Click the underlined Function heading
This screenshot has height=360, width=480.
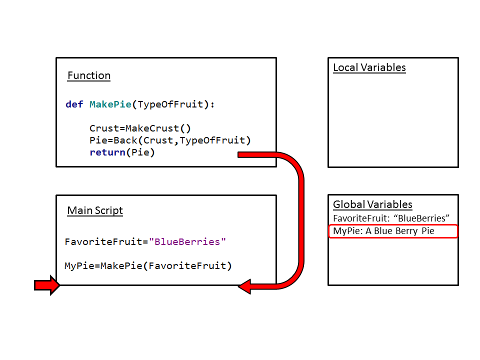pyautogui.click(x=89, y=76)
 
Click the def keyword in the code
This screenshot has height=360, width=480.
pyautogui.click(x=74, y=104)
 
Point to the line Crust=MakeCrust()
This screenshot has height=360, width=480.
pyautogui.click(x=140, y=128)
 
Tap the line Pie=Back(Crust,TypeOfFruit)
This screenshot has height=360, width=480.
pyautogui.click(x=170, y=140)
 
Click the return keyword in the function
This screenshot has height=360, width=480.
pyautogui.click(x=106, y=152)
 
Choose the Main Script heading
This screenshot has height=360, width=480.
pyautogui.click(x=95, y=210)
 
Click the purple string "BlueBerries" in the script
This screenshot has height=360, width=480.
pyautogui.click(x=187, y=242)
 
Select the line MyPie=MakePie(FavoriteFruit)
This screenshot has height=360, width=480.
pyautogui.click(x=148, y=266)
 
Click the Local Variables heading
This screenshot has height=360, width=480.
pyautogui.click(x=369, y=68)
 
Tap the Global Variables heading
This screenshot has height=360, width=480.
pyautogui.click(x=372, y=204)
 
